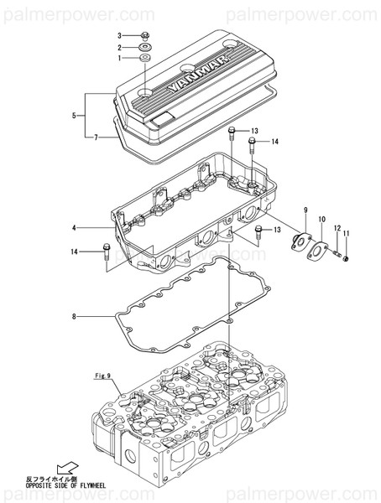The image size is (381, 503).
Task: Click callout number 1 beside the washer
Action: (119, 59)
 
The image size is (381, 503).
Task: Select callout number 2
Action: (119, 48)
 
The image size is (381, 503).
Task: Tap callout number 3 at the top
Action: (119, 36)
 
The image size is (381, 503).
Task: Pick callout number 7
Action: (97, 137)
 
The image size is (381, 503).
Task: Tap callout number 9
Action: (305, 209)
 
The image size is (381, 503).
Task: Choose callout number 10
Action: (320, 219)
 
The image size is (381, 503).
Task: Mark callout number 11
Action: (345, 232)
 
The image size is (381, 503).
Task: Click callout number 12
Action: (337, 227)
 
